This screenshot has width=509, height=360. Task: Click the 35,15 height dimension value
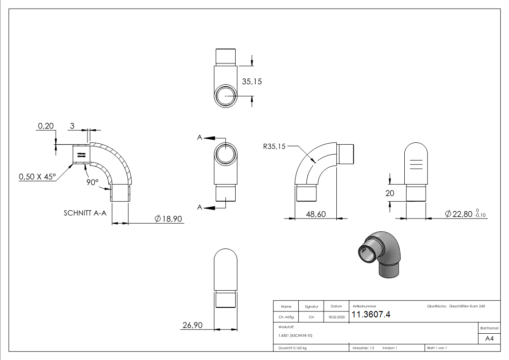(252, 82)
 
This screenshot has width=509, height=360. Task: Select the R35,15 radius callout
(274, 146)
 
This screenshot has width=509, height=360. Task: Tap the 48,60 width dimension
(315, 214)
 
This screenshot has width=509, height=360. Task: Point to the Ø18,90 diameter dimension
(168, 219)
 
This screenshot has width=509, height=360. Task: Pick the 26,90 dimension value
(192, 325)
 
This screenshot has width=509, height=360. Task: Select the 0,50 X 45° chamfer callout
(38, 177)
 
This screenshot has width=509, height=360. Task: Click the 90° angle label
(93, 182)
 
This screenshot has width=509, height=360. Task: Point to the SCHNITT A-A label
(85, 212)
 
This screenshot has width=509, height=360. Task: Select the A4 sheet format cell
(489, 339)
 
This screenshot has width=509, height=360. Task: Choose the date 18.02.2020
(336, 317)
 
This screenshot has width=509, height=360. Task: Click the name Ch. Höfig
(286, 317)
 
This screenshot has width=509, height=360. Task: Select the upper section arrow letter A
(199, 137)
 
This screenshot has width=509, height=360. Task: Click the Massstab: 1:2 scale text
(363, 348)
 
